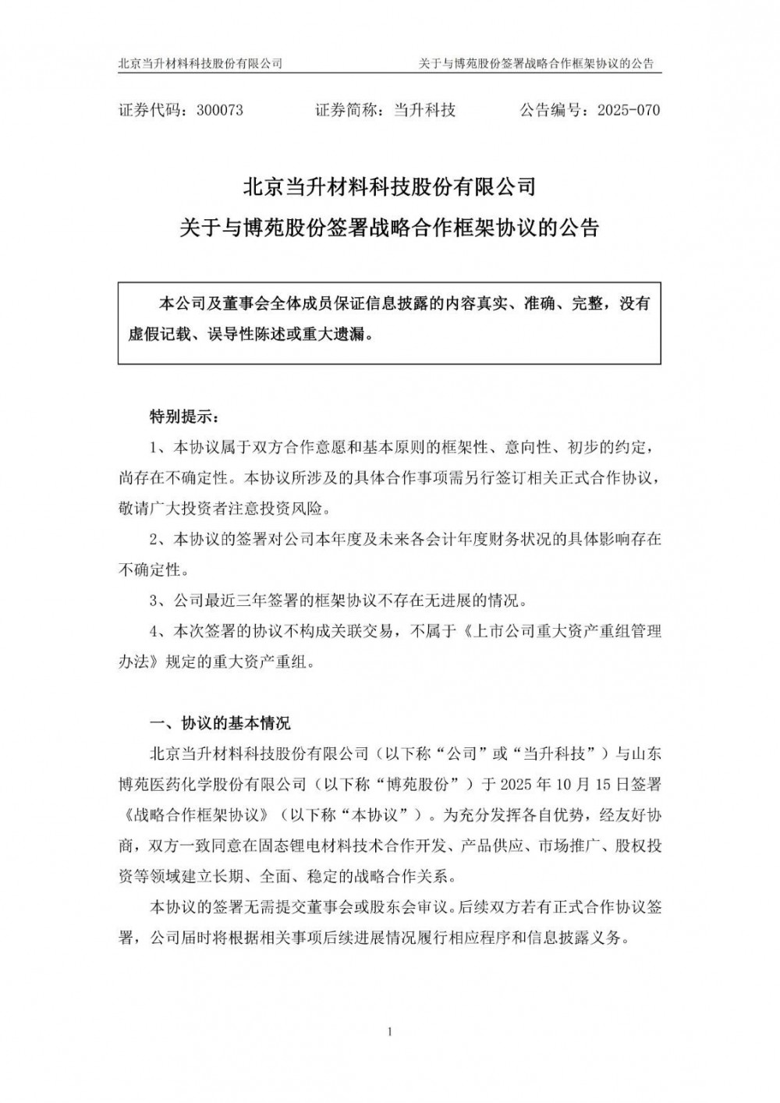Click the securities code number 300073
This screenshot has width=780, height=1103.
click(220, 110)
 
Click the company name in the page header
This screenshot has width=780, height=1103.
click(200, 63)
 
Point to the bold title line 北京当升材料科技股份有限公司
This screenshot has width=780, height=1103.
click(389, 188)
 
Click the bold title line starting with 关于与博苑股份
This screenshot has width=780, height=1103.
click(389, 229)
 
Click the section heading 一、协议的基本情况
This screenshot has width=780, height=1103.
click(220, 723)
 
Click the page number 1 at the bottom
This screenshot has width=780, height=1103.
click(389, 1034)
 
